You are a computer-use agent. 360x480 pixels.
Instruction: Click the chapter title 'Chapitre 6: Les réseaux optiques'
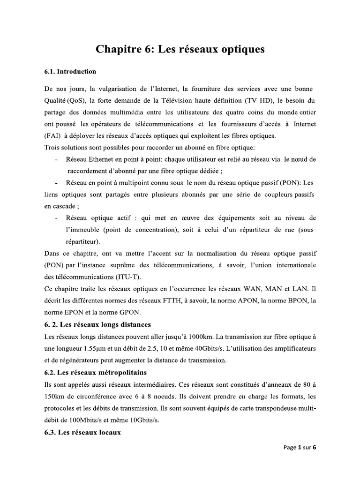pos(180,49)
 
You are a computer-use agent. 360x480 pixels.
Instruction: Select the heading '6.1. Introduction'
pos(70,72)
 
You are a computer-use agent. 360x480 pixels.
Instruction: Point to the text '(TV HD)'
pos(256,101)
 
